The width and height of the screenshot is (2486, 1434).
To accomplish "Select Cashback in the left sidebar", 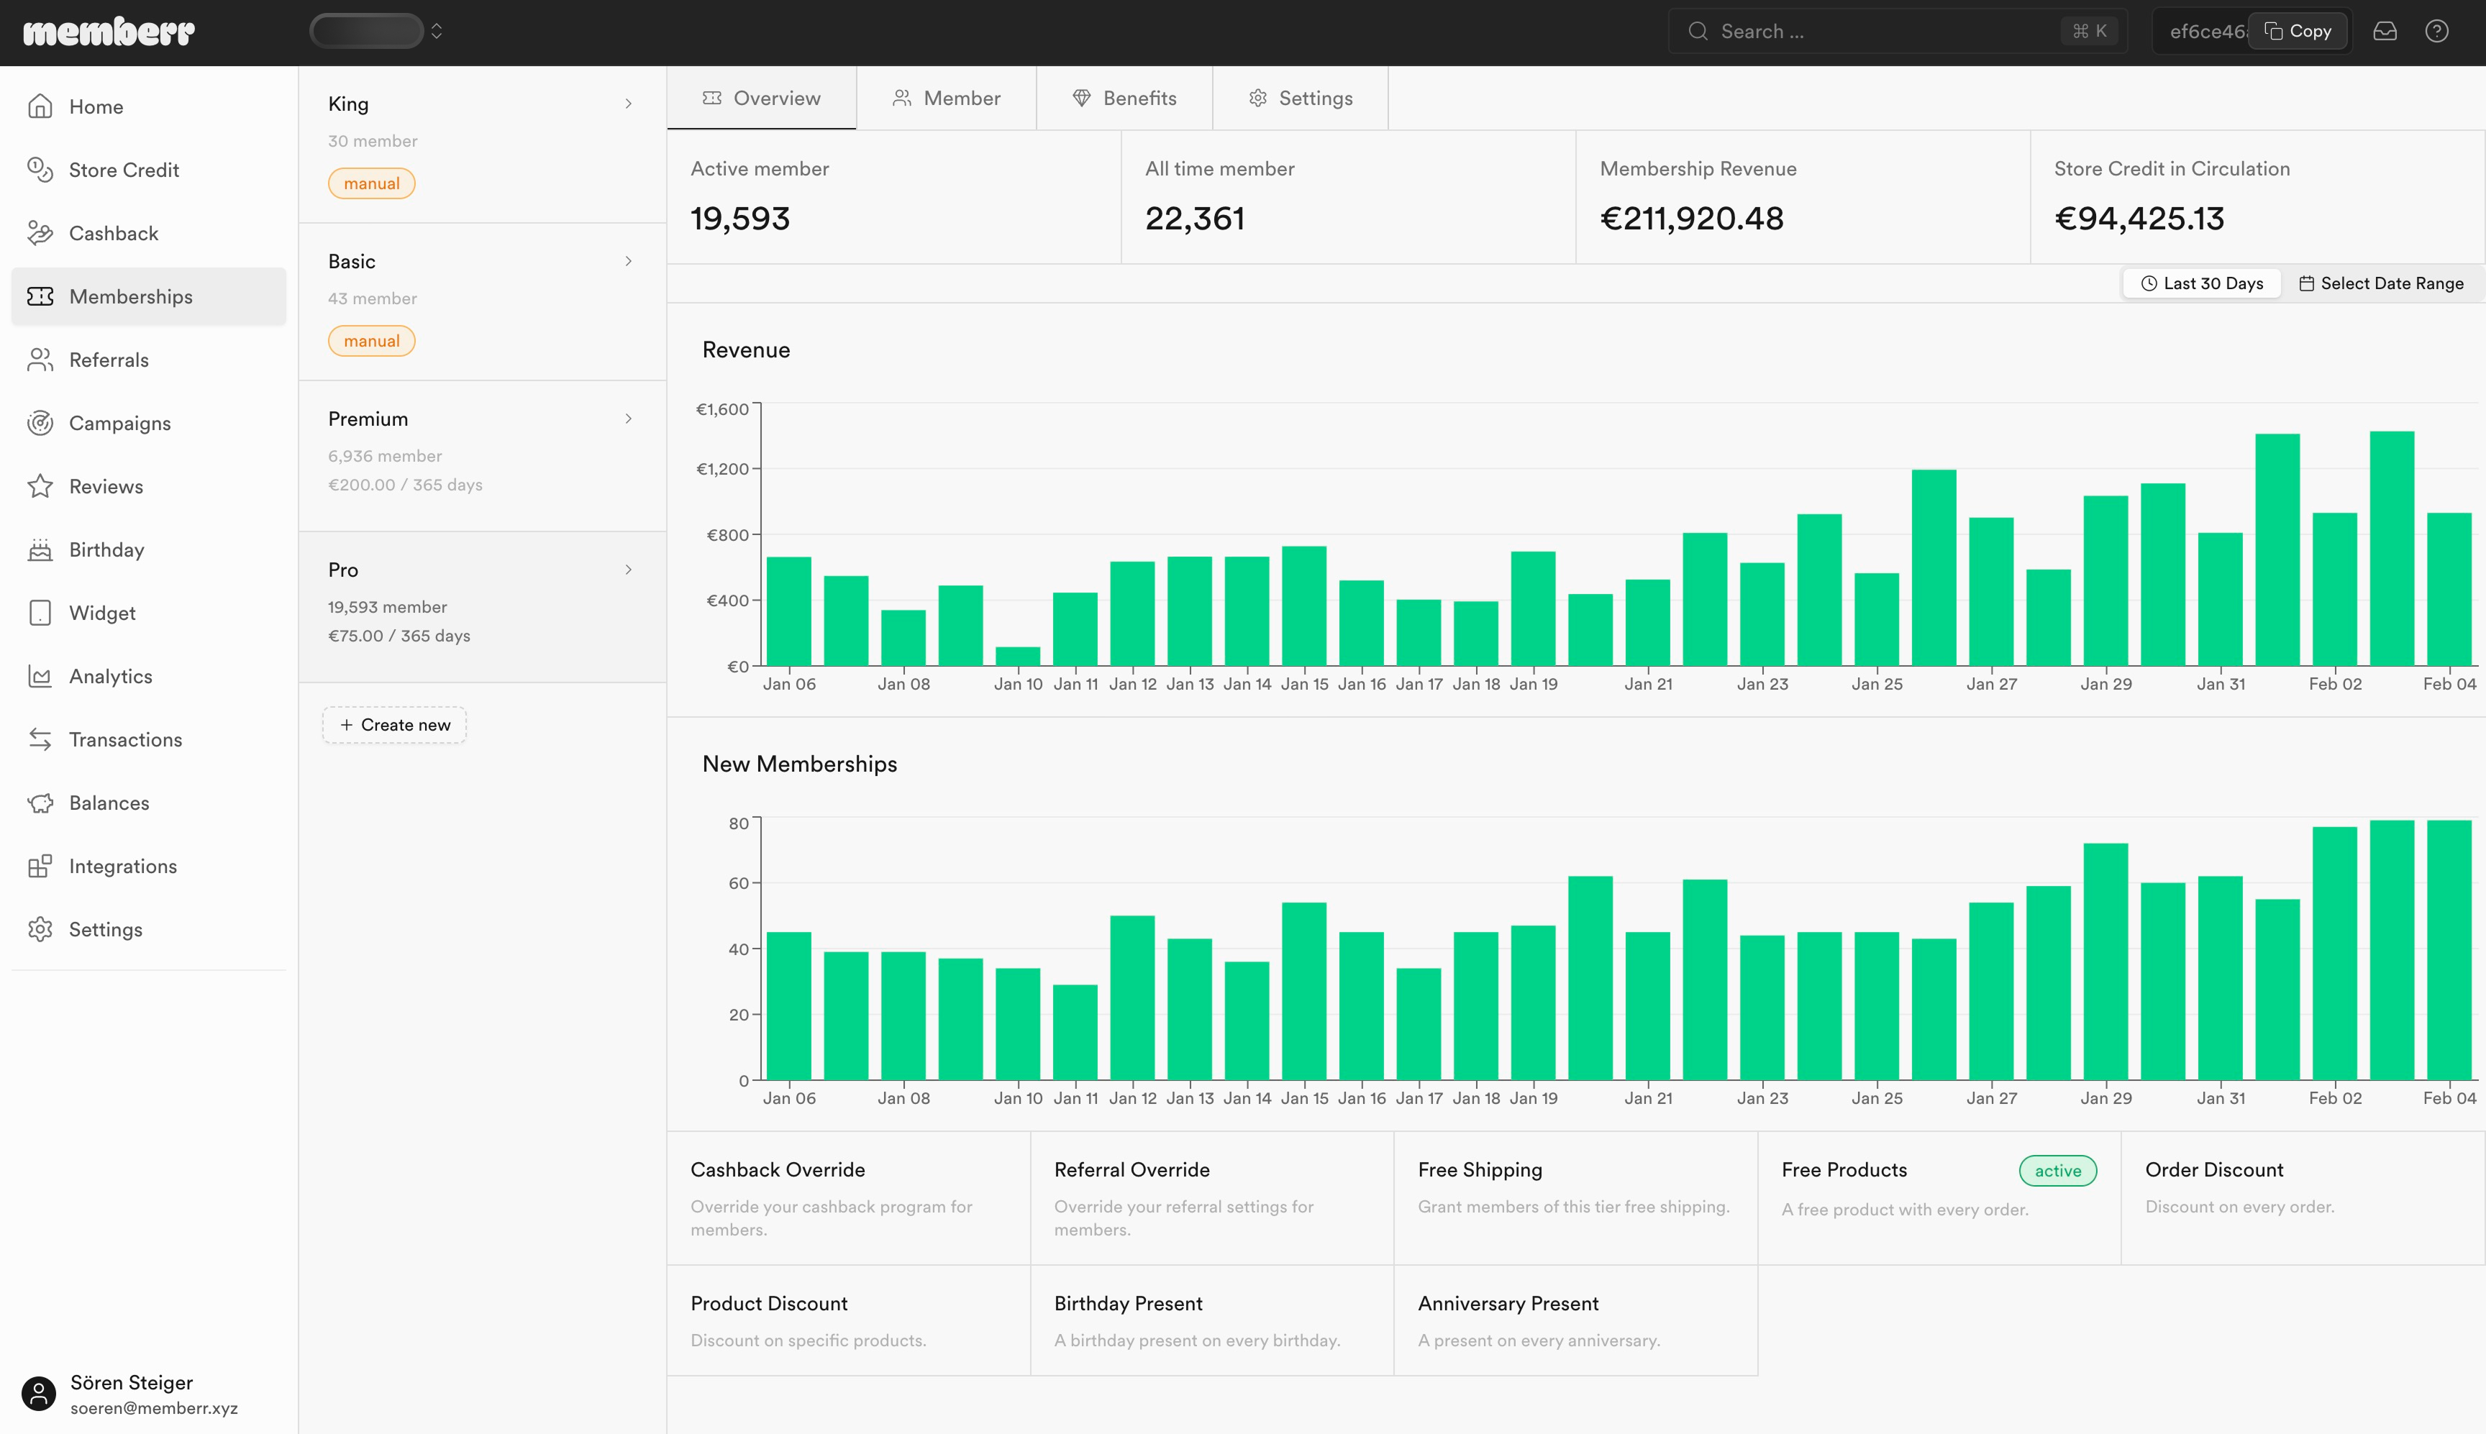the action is [113, 234].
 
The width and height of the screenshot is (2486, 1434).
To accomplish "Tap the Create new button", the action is [394, 725].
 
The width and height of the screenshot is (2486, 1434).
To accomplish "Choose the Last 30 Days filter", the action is [2203, 283].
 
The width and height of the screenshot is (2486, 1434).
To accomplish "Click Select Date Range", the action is [2382, 283].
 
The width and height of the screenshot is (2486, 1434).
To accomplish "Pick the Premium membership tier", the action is [368, 419].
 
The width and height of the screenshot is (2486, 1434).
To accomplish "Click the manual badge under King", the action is [371, 183].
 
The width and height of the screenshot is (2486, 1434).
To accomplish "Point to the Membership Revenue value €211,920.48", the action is [1691, 219].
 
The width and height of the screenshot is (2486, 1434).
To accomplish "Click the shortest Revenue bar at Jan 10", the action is [1017, 656].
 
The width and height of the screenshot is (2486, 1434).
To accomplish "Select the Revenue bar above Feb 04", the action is [2449, 589].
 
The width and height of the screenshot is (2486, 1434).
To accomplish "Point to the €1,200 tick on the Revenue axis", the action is [723, 469].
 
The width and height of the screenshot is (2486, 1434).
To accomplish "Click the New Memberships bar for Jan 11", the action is [1075, 1032].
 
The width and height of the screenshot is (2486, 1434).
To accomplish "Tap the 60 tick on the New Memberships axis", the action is [739, 883].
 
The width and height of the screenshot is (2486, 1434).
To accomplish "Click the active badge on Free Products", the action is [2057, 1170].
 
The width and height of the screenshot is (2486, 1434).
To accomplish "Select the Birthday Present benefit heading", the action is [1128, 1304].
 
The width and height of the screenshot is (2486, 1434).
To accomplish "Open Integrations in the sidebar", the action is [123, 867].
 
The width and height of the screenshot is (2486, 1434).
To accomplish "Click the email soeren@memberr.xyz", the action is [154, 1408].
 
